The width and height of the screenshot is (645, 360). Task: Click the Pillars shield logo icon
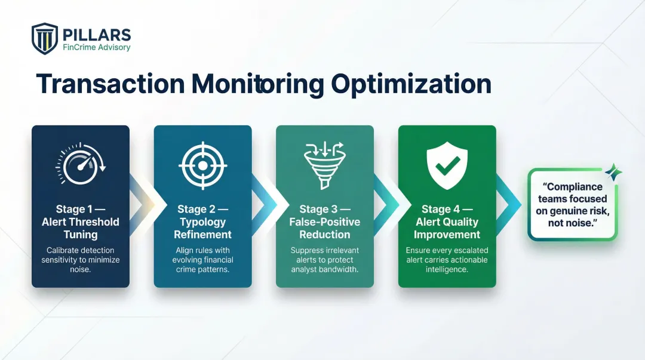point(45,39)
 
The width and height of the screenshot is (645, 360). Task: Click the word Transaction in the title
point(110,84)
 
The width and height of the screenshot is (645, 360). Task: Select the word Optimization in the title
point(411,84)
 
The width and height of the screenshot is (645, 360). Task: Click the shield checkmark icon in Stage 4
point(447,163)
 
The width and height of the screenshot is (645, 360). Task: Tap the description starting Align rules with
point(202,260)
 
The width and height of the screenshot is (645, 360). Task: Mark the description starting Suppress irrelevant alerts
point(324,260)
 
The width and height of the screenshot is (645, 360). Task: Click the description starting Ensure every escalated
point(447,260)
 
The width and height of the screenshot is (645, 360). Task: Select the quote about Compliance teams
point(572,205)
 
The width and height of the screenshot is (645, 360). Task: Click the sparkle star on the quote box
point(612,173)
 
